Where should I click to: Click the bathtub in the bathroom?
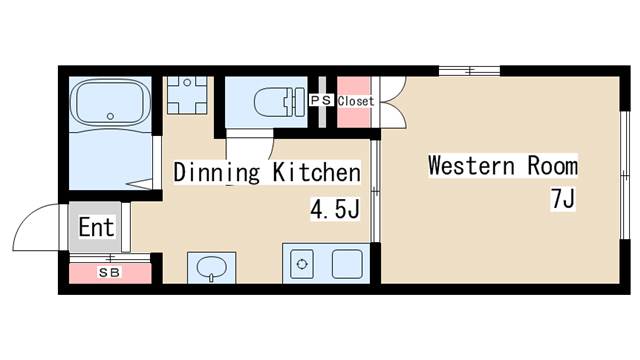coord(110,102)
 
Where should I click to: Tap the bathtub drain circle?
coord(110,116)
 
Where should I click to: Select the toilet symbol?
coord(279,102)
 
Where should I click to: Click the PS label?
coord(321,100)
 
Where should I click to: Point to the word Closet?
coord(356,101)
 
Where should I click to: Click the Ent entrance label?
coord(96,227)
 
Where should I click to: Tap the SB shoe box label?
coord(109,273)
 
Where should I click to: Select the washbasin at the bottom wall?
coord(211,268)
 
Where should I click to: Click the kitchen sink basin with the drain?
coord(302,264)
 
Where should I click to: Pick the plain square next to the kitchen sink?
coord(347,264)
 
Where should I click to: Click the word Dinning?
coord(216,173)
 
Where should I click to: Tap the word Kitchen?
coord(316,172)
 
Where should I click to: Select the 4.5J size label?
coord(335,209)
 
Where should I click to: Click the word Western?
coord(471,165)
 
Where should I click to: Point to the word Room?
coord(553,165)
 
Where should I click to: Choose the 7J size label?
coord(563,199)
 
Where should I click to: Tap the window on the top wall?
coord(469,71)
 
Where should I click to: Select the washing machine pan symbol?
coord(187,96)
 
